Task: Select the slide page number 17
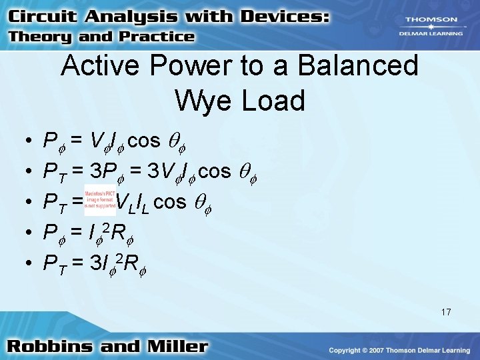(445, 311)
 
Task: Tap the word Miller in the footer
(176, 346)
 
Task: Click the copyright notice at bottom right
(399, 350)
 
